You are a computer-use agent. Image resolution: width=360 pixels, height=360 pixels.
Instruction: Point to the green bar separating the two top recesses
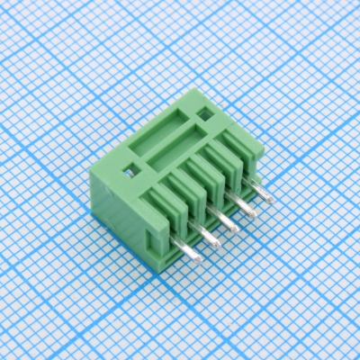(x=175, y=140)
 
